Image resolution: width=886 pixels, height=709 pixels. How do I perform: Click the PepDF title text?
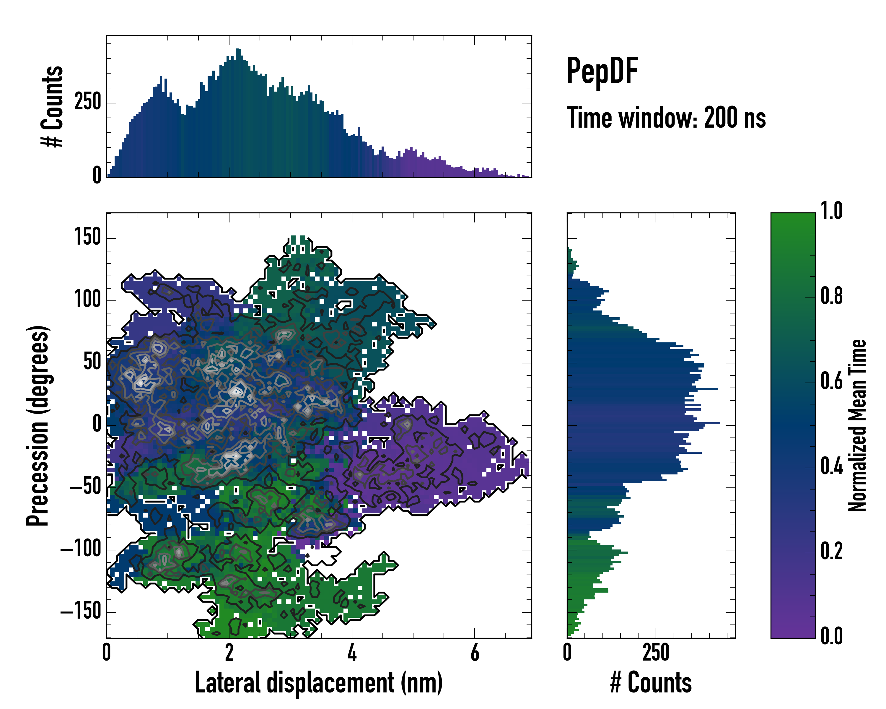pyautogui.click(x=602, y=71)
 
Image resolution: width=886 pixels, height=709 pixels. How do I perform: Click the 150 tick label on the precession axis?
pyautogui.click(x=87, y=238)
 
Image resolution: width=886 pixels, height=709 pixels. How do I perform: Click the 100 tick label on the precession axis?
pyautogui.click(x=87, y=300)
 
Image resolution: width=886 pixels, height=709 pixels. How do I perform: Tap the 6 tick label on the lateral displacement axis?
pyautogui.click(x=475, y=653)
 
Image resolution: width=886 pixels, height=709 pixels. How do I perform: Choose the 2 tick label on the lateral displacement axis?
pyautogui.click(x=229, y=653)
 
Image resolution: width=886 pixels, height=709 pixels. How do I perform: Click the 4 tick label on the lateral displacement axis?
pyautogui.click(x=352, y=653)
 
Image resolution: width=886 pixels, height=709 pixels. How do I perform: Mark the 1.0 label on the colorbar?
pyautogui.click(x=831, y=211)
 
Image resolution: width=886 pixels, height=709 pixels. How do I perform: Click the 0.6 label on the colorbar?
pyautogui.click(x=831, y=381)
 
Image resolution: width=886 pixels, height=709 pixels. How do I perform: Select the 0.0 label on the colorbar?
pyautogui.click(x=831, y=636)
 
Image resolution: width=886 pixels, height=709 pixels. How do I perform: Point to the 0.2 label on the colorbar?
pyautogui.click(x=831, y=552)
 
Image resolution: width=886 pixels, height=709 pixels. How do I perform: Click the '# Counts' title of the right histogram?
pyautogui.click(x=651, y=682)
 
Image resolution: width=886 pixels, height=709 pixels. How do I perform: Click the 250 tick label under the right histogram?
pyautogui.click(x=656, y=653)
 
